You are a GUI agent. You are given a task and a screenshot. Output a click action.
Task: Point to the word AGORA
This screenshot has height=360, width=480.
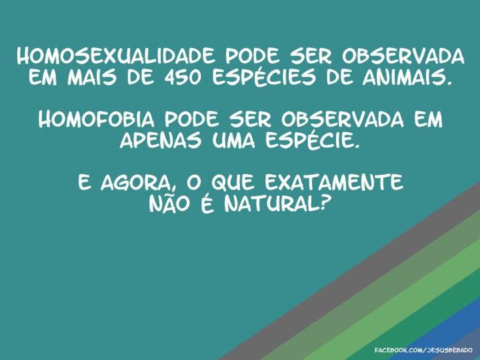[139, 183]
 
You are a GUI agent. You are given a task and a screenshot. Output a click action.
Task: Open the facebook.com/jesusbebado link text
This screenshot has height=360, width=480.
[423, 350]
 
